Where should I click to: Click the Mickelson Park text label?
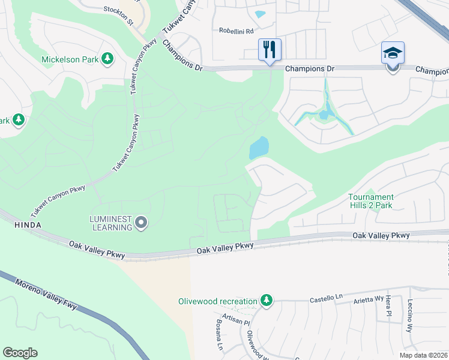click(70, 59)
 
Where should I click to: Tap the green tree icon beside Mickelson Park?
click(107, 59)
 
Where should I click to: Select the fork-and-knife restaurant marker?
click(270, 49)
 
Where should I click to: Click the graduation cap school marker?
click(393, 54)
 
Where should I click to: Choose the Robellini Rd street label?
click(237, 31)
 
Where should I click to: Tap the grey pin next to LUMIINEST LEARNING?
click(141, 223)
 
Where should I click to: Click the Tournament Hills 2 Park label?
click(371, 201)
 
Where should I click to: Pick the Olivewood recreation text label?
click(217, 301)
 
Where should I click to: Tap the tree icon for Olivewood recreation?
click(266, 300)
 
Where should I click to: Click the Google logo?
click(20, 353)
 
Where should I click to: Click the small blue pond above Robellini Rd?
click(260, 14)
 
